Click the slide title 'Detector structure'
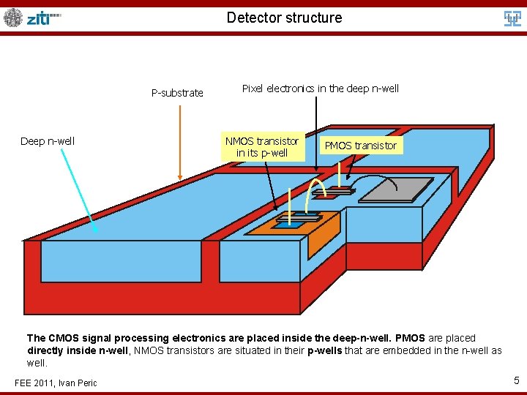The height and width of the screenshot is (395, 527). [284, 18]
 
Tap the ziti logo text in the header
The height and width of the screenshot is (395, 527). [43, 18]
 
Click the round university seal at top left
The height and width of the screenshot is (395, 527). [13, 18]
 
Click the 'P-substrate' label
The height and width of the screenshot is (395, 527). [177, 93]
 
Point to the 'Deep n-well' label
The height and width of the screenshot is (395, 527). [48, 141]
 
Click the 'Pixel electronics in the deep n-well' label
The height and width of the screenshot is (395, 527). [320, 89]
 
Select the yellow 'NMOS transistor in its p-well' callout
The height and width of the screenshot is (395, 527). [262, 147]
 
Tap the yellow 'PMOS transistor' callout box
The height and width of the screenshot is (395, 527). [360, 146]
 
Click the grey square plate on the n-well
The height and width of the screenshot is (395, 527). [396, 189]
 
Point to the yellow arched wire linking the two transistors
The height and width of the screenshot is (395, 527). [315, 183]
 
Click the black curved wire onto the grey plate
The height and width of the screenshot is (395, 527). [373, 178]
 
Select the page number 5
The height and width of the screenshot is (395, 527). [515, 380]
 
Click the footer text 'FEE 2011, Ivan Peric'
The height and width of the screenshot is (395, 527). [56, 383]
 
